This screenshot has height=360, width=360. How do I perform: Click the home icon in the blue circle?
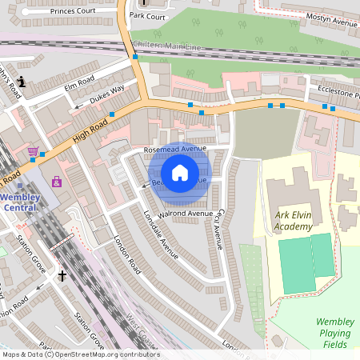point(180,173)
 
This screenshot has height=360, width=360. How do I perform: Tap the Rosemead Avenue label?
point(174,149)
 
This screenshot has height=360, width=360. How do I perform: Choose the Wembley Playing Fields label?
point(335,333)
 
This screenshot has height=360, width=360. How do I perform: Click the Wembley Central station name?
point(18,202)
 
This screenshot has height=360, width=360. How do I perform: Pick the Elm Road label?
point(79,80)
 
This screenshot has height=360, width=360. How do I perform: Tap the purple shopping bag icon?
point(57,182)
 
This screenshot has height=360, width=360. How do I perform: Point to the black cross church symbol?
point(62,276)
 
